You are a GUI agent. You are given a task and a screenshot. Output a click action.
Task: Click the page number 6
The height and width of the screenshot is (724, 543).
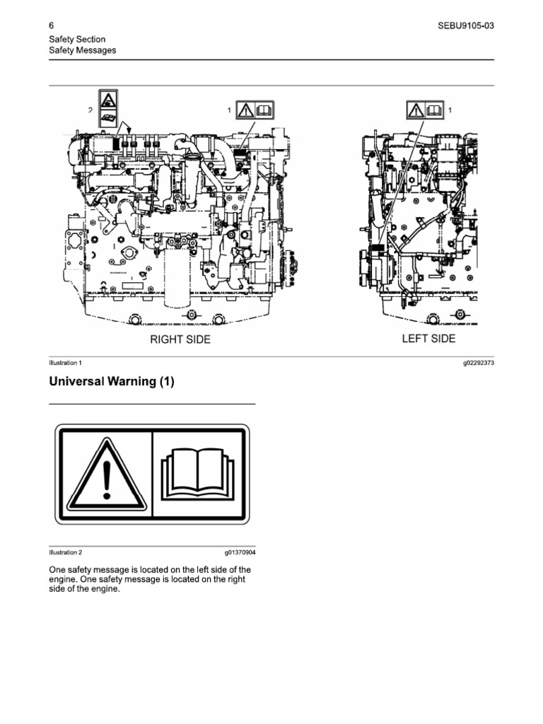pos(52,26)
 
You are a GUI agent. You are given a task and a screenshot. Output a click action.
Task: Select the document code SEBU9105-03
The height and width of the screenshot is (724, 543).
pos(466,26)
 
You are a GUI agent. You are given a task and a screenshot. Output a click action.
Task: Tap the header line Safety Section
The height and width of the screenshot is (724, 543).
pos(77,40)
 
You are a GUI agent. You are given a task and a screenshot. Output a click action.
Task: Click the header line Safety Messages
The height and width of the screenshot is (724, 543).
pos(82,50)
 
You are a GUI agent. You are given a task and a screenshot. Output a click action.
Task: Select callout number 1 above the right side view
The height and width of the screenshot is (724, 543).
pos(229,110)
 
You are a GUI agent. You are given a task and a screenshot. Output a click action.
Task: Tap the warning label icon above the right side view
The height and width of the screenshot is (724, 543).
pos(254,110)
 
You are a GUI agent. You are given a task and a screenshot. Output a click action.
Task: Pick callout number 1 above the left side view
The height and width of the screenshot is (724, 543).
pos(450,110)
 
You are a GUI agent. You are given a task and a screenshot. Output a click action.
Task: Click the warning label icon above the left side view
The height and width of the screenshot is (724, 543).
pos(425,110)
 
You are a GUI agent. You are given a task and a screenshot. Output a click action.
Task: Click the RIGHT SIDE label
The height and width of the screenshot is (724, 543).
pos(180,339)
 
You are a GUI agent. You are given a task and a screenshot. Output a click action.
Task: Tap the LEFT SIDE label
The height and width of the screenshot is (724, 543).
pos(428,339)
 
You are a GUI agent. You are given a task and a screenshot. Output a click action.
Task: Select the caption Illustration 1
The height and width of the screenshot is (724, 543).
pos(65,363)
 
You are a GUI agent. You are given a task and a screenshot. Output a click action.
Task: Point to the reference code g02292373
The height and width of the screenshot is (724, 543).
pos(478,363)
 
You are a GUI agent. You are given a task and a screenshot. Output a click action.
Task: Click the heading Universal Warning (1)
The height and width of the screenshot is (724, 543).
pos(111,382)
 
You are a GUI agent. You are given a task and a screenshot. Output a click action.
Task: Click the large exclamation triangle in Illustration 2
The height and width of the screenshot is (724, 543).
pos(107,474)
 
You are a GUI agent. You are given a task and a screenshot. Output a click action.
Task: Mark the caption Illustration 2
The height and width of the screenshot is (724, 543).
pos(65,552)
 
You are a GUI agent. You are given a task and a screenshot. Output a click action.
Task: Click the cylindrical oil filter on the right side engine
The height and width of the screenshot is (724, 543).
pos(177,283)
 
